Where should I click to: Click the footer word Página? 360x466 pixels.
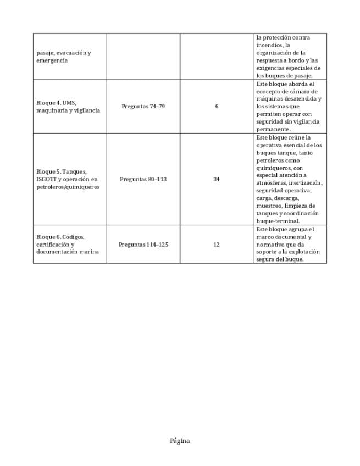pyautogui.click(x=180, y=441)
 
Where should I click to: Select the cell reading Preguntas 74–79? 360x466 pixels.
pyautogui.click(x=143, y=106)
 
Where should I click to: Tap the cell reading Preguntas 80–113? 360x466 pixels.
pyautogui.click(x=143, y=179)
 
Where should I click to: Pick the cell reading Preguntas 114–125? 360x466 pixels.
pyautogui.click(x=143, y=244)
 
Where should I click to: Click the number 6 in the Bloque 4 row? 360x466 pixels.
pyautogui.click(x=217, y=106)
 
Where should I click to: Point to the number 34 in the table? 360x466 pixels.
pyautogui.click(x=217, y=179)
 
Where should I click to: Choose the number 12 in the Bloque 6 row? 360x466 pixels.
pyautogui.click(x=217, y=244)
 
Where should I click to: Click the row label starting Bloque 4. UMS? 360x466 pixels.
pyautogui.click(x=68, y=107)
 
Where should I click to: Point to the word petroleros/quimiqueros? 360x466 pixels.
pyautogui.click(x=68, y=187)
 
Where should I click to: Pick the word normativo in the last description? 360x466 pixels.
pyautogui.click(x=271, y=244)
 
